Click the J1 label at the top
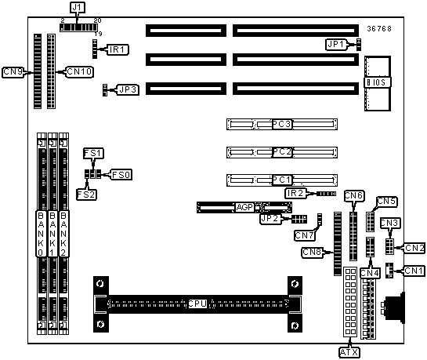click(x=78, y=7)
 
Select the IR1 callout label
click(x=118, y=49)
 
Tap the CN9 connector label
click(x=13, y=72)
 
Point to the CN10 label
click(x=79, y=71)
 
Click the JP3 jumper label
click(x=128, y=89)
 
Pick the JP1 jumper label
click(x=336, y=44)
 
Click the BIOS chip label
click(x=376, y=82)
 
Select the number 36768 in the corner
click(x=379, y=28)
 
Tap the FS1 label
click(x=93, y=153)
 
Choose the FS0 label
click(x=121, y=174)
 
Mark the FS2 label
click(x=87, y=195)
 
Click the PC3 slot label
click(x=282, y=124)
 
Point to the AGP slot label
click(x=244, y=207)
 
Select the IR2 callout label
click(x=295, y=193)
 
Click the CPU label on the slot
click(x=197, y=304)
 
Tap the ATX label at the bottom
click(x=349, y=352)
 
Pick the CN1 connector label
click(x=414, y=271)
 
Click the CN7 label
click(x=305, y=235)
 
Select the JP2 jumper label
click(x=270, y=219)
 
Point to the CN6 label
click(x=354, y=196)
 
